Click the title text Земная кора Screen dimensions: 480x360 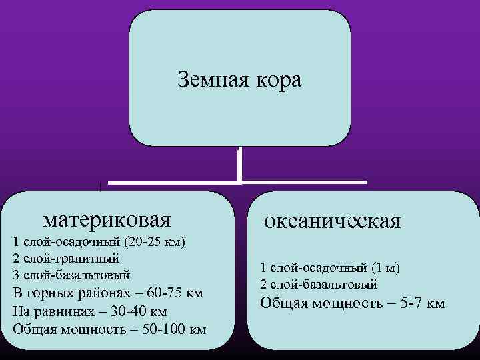coord(239,81)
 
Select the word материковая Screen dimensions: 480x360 coord(107,218)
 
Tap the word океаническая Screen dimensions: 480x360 coord(332,221)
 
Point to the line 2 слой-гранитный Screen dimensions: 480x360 coord(66,258)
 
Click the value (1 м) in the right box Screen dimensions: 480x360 coord(383,268)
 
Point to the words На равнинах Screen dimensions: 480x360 coord(50,311)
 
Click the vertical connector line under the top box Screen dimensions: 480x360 coord(239,165)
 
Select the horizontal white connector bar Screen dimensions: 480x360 coord(237,181)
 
